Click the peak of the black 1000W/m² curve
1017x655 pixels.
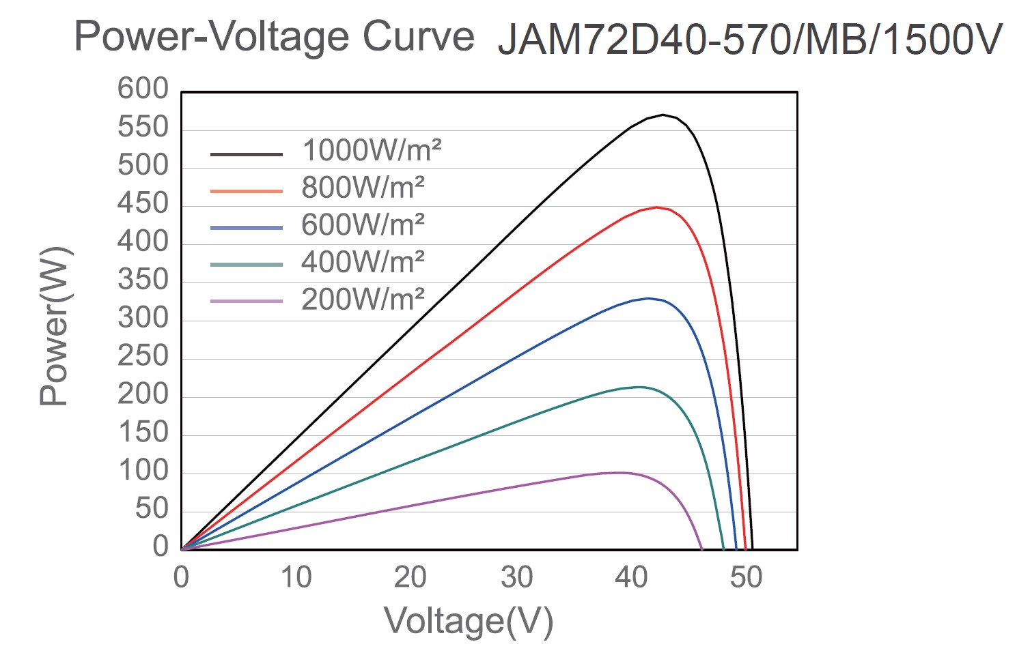click(x=663, y=115)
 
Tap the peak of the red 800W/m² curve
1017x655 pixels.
click(x=656, y=207)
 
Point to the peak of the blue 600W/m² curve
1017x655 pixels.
click(x=648, y=298)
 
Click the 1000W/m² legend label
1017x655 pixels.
click(x=372, y=150)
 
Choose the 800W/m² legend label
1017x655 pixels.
click(x=363, y=188)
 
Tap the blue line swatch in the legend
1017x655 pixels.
click(x=246, y=228)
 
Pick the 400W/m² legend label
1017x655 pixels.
click(x=363, y=261)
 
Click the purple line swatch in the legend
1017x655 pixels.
click(x=246, y=301)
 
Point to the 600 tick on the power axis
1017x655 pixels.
click(x=143, y=89)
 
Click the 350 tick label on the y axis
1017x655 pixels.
click(x=143, y=280)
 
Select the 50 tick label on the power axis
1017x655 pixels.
click(x=152, y=508)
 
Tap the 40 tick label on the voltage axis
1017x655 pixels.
click(x=631, y=578)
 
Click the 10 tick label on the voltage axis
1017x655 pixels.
click(x=296, y=578)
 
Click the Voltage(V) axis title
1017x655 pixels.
click(x=469, y=621)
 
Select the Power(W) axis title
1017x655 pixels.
click(x=55, y=326)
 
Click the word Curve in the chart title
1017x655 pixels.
click(x=418, y=36)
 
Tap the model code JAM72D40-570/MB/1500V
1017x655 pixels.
click(x=749, y=40)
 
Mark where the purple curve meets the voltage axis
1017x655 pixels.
click(x=701, y=549)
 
